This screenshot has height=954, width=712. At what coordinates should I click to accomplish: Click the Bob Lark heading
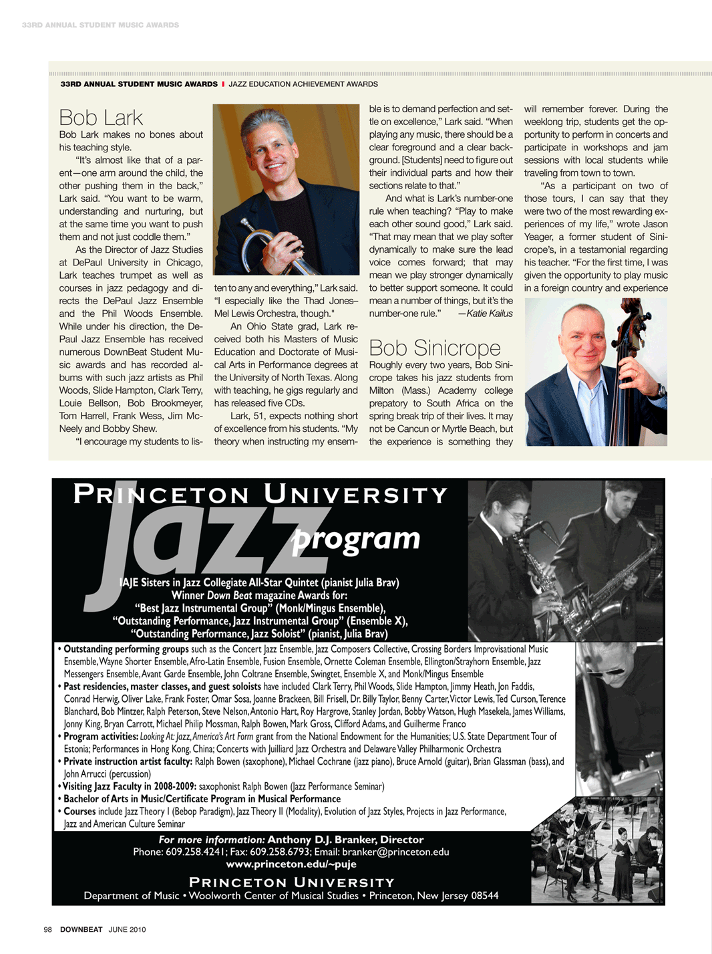pyautogui.click(x=101, y=118)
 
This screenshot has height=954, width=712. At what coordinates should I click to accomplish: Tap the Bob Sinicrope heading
pyautogui.click(x=434, y=348)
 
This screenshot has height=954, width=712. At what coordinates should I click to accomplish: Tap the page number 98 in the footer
pyautogui.click(x=47, y=929)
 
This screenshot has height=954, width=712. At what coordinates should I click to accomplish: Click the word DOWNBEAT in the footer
pyautogui.click(x=81, y=929)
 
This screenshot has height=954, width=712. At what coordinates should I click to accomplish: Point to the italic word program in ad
pyautogui.click(x=357, y=538)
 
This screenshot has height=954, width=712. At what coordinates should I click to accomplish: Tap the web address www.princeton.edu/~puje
pyautogui.click(x=291, y=864)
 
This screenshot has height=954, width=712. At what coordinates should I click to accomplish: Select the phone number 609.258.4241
pyautogui.click(x=195, y=852)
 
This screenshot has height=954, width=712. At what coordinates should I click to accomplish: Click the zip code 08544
pyautogui.click(x=484, y=895)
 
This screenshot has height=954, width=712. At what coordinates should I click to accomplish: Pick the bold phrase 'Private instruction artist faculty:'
pyautogui.click(x=128, y=761)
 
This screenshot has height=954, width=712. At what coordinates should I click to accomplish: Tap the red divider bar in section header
pyautogui.click(x=223, y=84)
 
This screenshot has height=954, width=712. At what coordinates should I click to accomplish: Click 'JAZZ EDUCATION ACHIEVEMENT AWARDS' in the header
pyautogui.click(x=303, y=84)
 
